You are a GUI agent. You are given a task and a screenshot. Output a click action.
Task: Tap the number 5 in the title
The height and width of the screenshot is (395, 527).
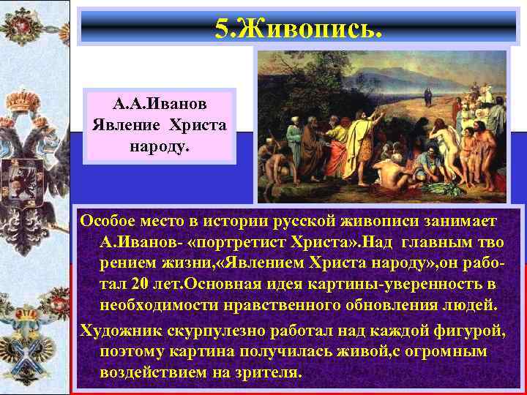point(222,30)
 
